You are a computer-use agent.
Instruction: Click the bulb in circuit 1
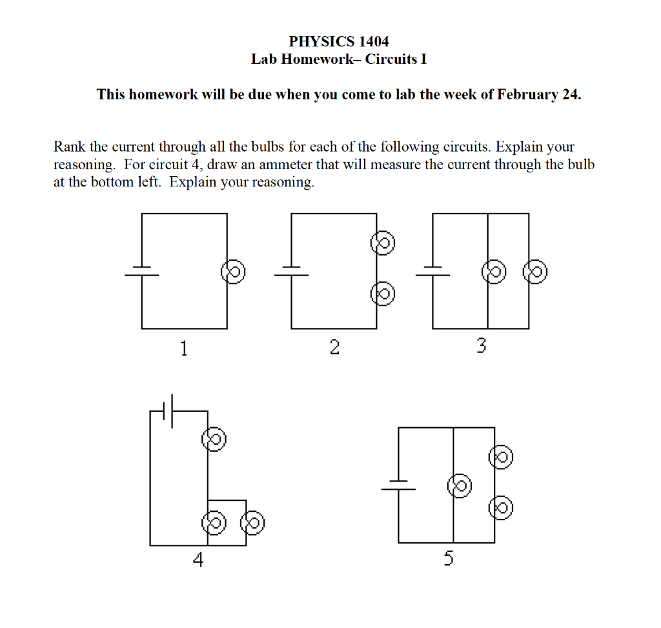tap(232, 271)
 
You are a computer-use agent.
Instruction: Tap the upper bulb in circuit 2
tap(382, 243)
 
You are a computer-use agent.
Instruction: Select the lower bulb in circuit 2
tap(382, 294)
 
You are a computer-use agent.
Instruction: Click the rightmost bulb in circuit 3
tap(535, 271)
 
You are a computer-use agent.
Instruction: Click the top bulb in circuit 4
tap(213, 440)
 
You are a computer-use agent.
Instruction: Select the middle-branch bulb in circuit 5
tap(460, 485)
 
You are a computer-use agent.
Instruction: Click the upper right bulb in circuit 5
tap(501, 458)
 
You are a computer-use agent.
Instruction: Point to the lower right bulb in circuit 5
tap(501, 508)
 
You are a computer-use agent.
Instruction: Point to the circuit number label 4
tap(198, 560)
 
